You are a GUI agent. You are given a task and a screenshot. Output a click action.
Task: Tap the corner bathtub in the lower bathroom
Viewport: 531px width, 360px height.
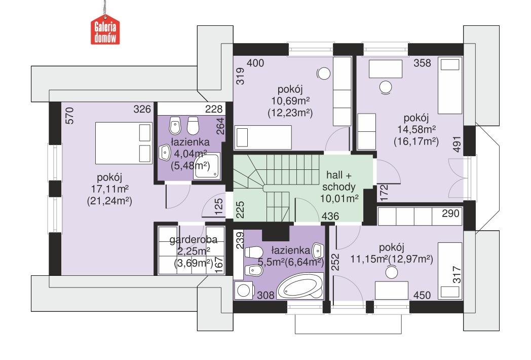[301, 289]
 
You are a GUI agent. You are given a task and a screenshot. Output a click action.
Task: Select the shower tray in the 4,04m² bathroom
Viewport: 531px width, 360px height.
[208, 166]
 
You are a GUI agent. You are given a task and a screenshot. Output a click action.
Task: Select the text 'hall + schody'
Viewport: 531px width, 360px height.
[339, 181]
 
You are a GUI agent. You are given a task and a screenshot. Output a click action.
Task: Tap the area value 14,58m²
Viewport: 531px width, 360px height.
[415, 130]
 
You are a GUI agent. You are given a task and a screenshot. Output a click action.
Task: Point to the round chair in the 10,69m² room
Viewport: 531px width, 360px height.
[322, 74]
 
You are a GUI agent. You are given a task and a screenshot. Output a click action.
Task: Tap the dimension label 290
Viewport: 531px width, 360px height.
[450, 213]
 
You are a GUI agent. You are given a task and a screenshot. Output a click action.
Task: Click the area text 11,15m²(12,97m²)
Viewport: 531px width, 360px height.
[391, 259]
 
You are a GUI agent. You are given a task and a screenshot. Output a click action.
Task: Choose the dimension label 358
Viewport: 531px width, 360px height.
[422, 63]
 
